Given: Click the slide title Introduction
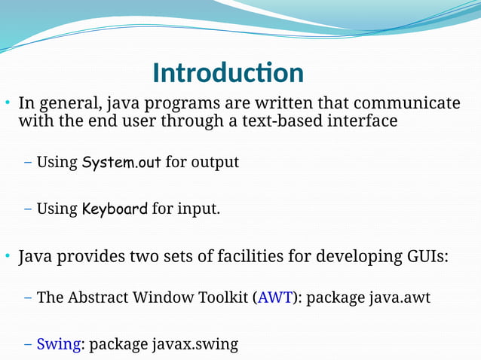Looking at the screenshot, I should [x=228, y=73].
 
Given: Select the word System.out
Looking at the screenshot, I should [x=121, y=162].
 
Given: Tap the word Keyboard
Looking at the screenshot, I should [x=114, y=209].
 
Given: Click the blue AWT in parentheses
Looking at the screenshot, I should [x=271, y=297].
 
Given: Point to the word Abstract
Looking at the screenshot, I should [x=100, y=297].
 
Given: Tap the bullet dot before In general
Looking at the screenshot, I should [x=7, y=103].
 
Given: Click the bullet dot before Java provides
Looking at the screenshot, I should [x=7, y=257].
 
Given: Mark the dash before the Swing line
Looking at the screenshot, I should [x=28, y=345].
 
